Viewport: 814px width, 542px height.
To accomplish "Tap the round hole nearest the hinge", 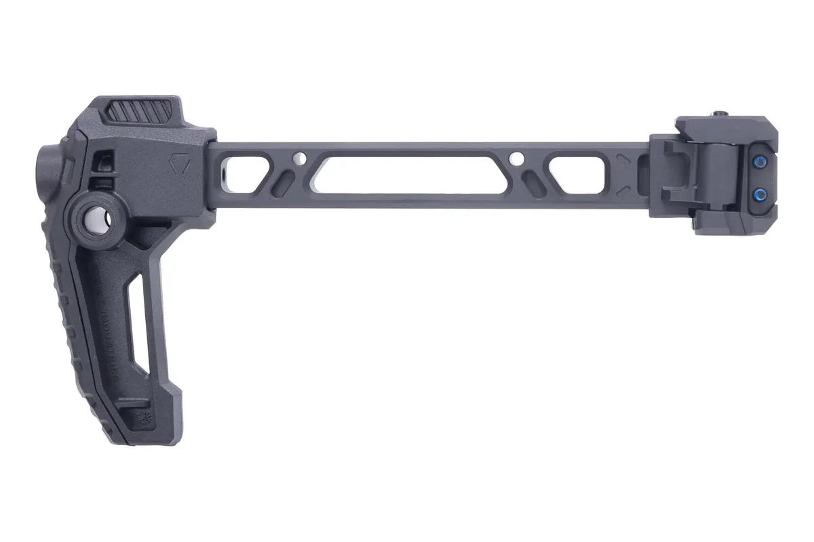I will (517, 159).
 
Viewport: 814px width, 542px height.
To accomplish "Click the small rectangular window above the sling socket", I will (103, 161).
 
